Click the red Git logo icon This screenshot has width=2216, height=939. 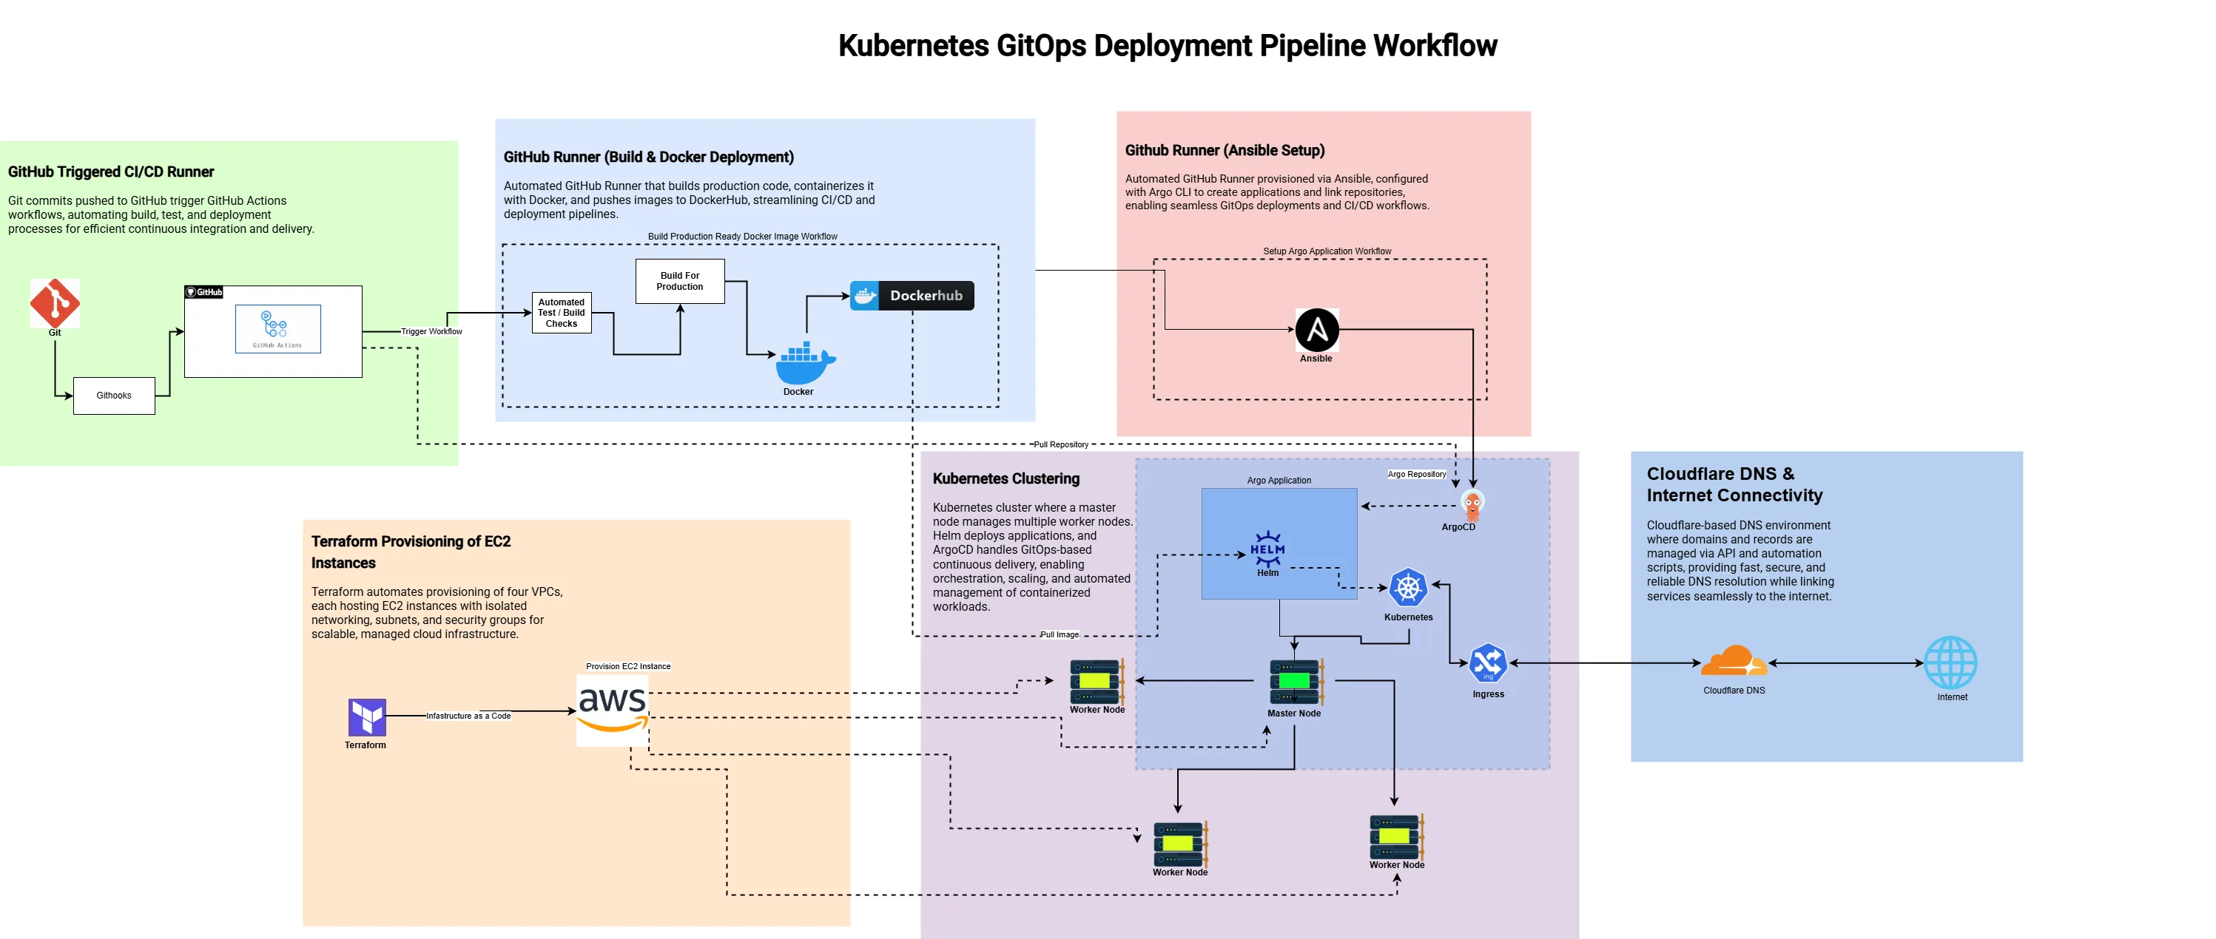coord(55,302)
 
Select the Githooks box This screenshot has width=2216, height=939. coord(113,396)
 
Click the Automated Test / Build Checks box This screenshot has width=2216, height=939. coord(561,313)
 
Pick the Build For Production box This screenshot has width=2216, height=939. coord(679,281)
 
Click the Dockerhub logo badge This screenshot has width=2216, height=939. coord(911,296)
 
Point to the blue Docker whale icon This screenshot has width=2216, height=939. coord(804,364)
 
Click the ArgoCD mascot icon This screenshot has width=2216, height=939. coord(1472,505)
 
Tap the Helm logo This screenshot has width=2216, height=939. coord(1267,549)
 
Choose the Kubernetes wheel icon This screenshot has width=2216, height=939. coord(1407,588)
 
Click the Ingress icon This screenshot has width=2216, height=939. coord(1487,664)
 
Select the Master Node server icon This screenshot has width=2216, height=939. coord(1295,682)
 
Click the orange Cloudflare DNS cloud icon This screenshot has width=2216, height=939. coord(1734,662)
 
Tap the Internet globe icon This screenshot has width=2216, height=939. coord(1950,662)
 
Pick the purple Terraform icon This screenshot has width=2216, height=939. coord(366,716)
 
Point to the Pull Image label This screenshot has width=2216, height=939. coord(1059,634)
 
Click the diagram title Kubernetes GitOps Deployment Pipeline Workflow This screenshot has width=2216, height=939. coord(1168,46)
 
